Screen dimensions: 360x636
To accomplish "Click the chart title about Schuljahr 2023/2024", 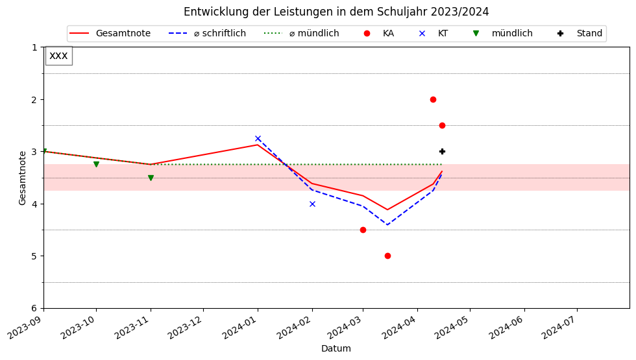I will [x=336, y=12].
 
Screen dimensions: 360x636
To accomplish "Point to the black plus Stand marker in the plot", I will [x=442, y=151].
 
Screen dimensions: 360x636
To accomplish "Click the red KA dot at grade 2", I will [x=433, y=99].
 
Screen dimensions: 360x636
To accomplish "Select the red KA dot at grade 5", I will [x=387, y=256].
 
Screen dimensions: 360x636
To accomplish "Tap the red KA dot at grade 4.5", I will [x=363, y=230].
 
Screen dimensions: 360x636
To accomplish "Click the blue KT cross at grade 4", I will [x=312, y=204].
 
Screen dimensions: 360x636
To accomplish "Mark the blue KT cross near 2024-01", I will [x=258, y=138].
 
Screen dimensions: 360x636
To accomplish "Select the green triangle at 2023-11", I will [x=151, y=178].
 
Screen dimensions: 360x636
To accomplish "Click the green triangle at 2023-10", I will [x=96, y=165].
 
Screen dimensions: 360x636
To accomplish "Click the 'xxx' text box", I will [x=58, y=56].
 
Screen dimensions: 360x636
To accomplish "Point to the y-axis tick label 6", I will [x=34, y=308].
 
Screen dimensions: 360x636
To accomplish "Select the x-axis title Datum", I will [x=336, y=349].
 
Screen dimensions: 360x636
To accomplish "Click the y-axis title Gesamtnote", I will [x=23, y=178].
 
